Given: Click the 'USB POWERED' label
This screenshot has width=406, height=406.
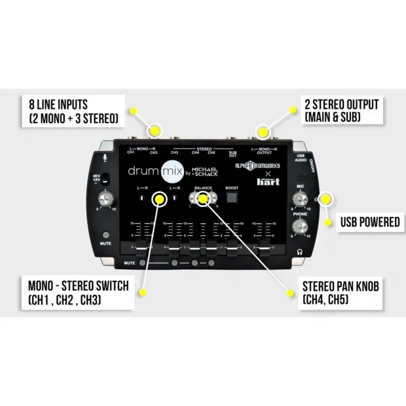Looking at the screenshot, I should click(x=369, y=222).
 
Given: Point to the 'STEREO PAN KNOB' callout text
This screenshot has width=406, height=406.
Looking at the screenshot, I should click(x=340, y=286).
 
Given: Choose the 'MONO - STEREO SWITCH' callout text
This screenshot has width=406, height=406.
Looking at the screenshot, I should click(x=71, y=287).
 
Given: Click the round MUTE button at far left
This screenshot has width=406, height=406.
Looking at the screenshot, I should click(x=105, y=235).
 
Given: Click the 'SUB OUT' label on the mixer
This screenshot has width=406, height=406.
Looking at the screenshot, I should click(x=232, y=154).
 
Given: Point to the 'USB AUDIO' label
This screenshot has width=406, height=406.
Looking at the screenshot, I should click(x=301, y=155).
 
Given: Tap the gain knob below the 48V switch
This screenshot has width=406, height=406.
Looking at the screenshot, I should click(x=105, y=200).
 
